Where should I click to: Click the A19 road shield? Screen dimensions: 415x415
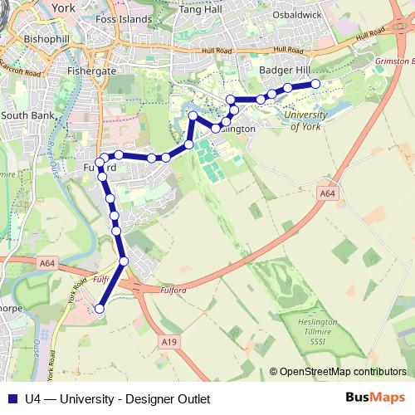coord(170,341)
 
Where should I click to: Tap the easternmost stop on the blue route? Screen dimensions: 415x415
coord(315,84)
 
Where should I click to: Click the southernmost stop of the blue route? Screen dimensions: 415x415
coord(100,309)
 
